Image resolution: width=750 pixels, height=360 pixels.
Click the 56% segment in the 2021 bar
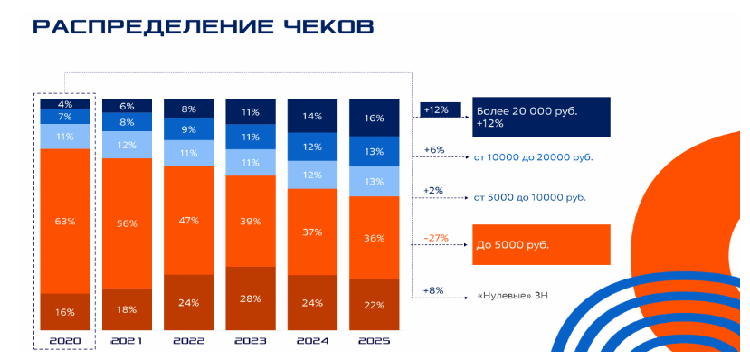128,223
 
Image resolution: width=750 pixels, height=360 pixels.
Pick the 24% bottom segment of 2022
189,301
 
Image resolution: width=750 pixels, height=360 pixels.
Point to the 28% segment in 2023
251,298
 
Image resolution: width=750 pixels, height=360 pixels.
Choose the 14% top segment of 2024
312,116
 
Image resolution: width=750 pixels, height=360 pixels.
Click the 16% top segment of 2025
374,118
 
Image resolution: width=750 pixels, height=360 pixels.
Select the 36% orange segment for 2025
374,238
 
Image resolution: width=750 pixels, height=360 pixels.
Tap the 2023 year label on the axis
251,341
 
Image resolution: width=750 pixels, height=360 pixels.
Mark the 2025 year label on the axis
374,341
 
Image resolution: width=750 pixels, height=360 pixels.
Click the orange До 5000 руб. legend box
539,244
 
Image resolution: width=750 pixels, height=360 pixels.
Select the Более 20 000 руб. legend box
539,117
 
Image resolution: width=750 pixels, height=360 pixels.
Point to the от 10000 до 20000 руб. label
533,157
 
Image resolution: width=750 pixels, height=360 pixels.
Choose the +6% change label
434,150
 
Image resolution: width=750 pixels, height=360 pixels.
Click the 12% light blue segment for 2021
128,145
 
